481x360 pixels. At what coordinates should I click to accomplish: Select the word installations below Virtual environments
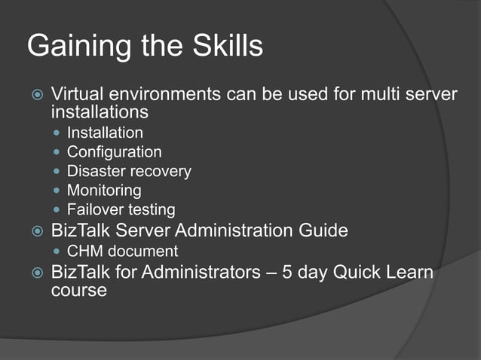tap(99, 112)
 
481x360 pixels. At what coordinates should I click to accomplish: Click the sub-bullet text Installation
tap(105, 133)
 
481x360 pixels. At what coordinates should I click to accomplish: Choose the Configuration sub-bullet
tap(114, 152)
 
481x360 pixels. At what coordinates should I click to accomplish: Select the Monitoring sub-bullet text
tap(104, 191)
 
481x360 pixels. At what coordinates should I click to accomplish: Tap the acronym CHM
tap(85, 251)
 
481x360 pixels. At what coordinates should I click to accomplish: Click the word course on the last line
tap(78, 290)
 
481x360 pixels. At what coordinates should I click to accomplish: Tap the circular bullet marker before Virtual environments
tap(35, 96)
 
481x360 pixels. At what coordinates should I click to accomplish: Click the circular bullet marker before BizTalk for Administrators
tap(35, 273)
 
